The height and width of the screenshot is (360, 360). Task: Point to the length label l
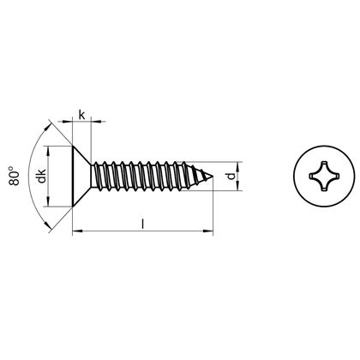point(142,222)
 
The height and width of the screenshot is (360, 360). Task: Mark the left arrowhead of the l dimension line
point(76,230)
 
